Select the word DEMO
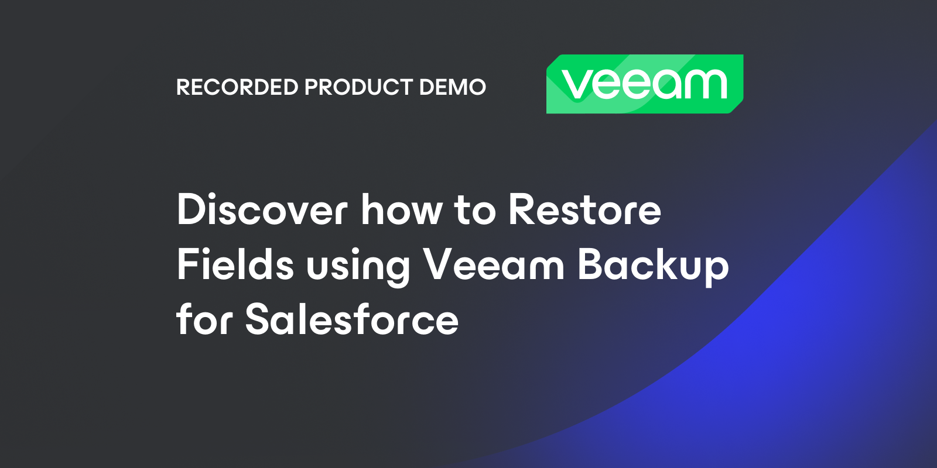[452, 87]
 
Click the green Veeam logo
[644, 84]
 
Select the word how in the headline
[402, 209]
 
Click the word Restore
[584, 209]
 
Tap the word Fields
[235, 264]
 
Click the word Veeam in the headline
[494, 264]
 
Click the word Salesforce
[351, 319]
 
